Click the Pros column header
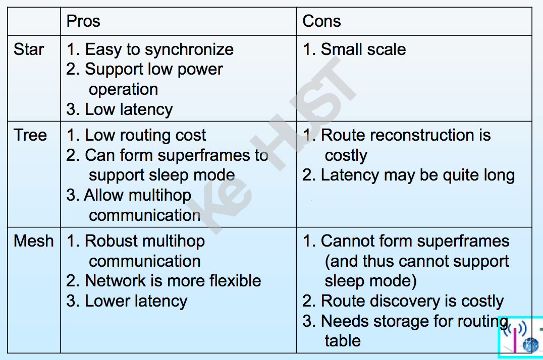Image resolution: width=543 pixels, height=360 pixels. click(83, 21)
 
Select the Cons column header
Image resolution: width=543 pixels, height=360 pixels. click(321, 21)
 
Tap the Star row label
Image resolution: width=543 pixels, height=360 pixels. click(29, 49)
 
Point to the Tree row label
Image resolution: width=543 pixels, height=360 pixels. click(30, 135)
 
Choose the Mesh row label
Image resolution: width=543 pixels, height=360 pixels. click(34, 241)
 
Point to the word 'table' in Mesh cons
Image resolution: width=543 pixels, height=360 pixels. click(343, 341)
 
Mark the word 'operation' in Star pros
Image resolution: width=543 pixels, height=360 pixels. click(123, 90)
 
